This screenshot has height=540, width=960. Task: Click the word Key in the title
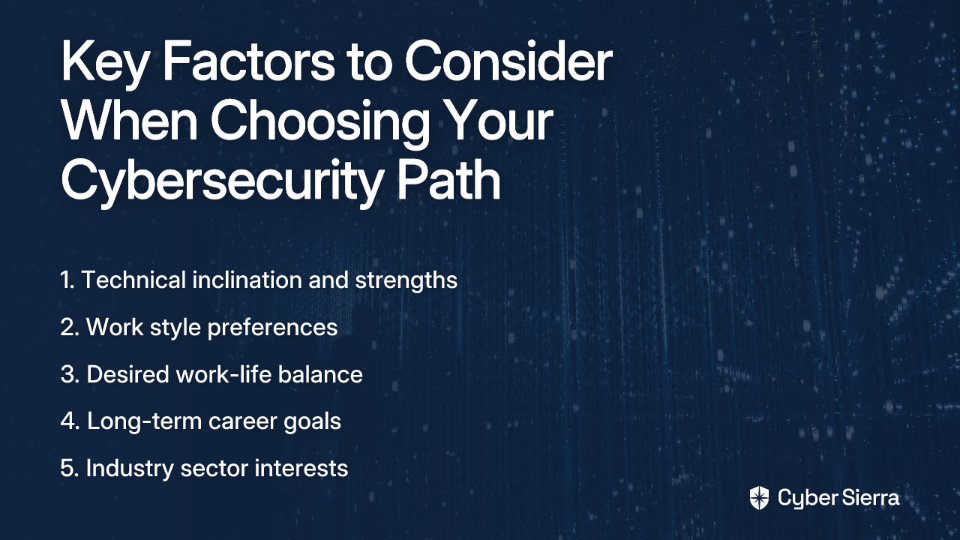point(104,63)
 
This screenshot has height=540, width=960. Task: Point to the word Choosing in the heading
point(320,123)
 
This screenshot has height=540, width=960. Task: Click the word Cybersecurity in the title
point(221,182)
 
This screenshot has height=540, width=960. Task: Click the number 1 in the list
point(66,280)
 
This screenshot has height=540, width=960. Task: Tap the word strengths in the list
point(406,281)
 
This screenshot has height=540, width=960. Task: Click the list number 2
point(69,328)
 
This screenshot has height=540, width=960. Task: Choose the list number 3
point(70,375)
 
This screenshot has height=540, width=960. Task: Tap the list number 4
point(70,422)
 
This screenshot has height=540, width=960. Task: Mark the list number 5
point(69,469)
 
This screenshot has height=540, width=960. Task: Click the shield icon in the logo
point(759,498)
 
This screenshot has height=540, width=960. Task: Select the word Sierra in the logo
point(869,497)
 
